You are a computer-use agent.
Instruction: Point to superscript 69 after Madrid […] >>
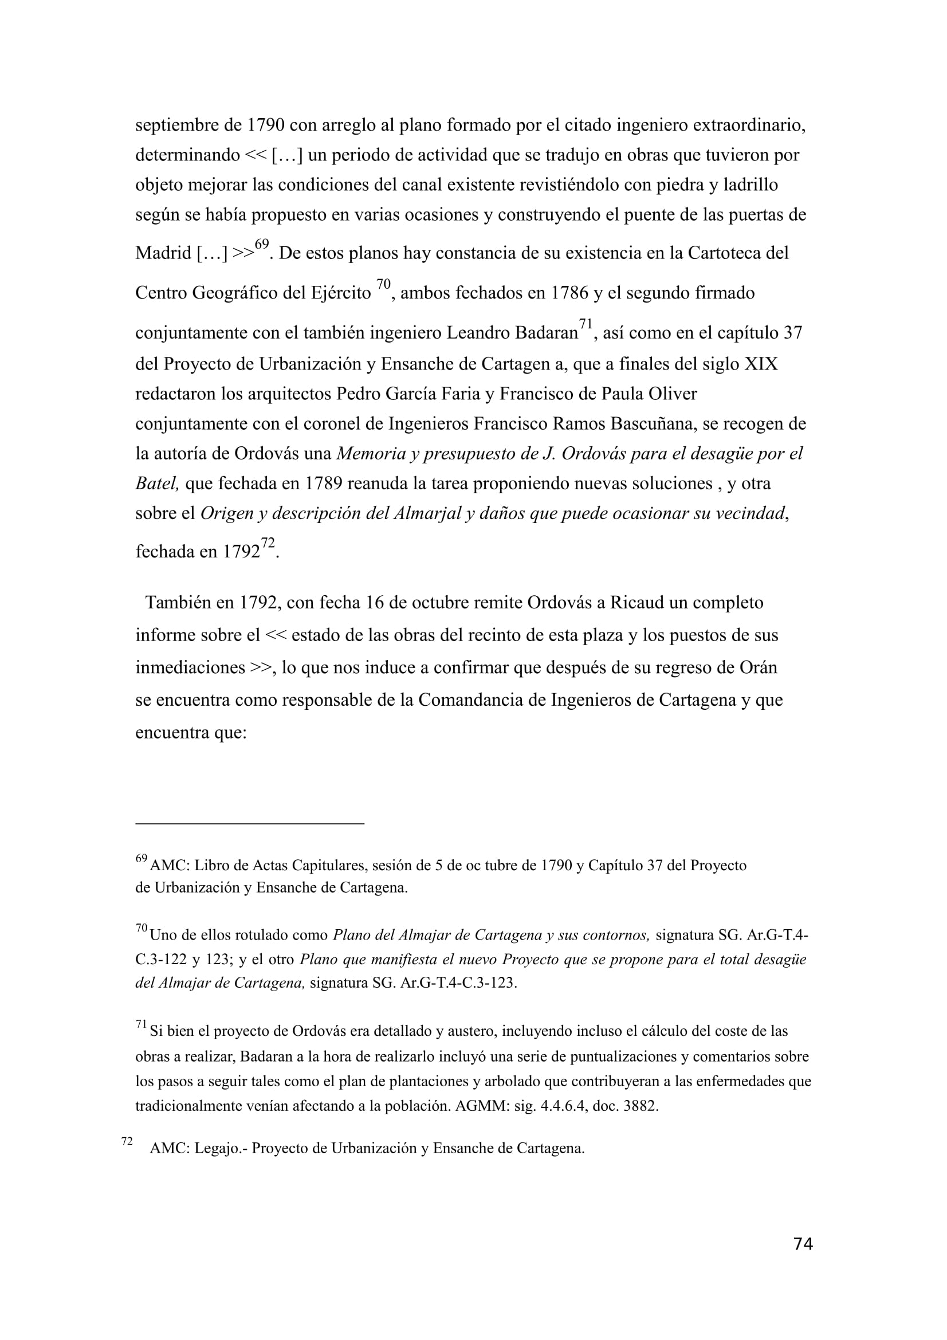click(x=262, y=244)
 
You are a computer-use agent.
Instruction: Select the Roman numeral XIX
click(x=761, y=364)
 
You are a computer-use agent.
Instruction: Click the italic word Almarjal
click(x=427, y=513)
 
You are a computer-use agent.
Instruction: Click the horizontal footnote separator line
click(x=250, y=823)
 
